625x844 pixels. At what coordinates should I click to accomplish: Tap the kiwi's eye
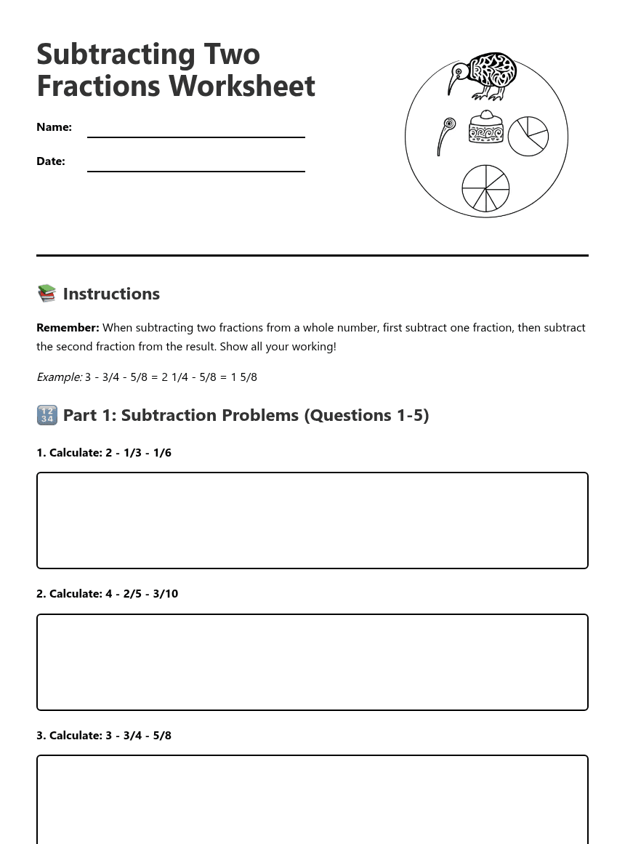459,71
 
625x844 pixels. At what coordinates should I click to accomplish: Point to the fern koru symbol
446,135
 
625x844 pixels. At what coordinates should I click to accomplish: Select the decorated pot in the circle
486,128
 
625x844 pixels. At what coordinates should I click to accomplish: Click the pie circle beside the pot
528,136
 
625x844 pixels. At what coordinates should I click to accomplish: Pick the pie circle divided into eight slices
485,188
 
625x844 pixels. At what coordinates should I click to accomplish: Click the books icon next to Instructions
47,293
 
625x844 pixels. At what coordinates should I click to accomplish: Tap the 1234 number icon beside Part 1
47,415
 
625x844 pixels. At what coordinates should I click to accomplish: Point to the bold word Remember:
68,328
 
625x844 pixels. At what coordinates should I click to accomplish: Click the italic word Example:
59,377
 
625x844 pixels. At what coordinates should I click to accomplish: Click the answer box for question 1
312,521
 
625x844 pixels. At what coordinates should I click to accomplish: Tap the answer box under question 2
312,662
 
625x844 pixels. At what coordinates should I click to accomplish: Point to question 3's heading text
104,735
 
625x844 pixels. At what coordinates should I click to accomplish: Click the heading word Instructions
111,294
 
